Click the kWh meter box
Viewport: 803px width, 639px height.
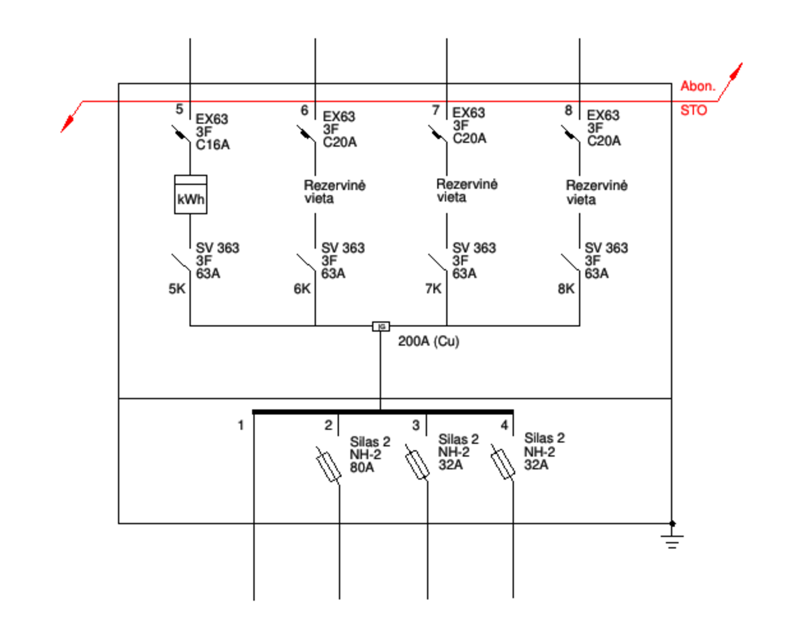tap(190, 194)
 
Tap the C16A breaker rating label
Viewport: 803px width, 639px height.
tap(212, 145)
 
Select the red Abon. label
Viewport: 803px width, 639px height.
tap(698, 86)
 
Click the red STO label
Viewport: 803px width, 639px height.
tap(694, 110)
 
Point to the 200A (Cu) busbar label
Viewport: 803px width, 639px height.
tap(429, 341)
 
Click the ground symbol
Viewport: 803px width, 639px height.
tap(672, 537)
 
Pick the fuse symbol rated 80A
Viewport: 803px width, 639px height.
tap(328, 465)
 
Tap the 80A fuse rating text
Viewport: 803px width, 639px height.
tap(362, 467)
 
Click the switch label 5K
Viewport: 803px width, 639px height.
tap(177, 288)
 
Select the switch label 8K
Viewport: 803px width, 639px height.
tap(566, 288)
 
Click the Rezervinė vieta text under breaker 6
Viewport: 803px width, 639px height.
tap(335, 191)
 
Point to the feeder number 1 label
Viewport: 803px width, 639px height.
tap(240, 425)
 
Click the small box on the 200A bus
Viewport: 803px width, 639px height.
tap(381, 327)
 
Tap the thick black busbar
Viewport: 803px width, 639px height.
tap(383, 412)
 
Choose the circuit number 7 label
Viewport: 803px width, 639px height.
tap(436, 110)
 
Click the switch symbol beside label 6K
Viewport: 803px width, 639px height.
tap(307, 263)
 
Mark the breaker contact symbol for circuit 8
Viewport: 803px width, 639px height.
tap(570, 134)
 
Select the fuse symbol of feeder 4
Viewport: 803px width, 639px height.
tap(503, 462)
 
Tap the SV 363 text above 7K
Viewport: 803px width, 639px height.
tap(474, 248)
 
